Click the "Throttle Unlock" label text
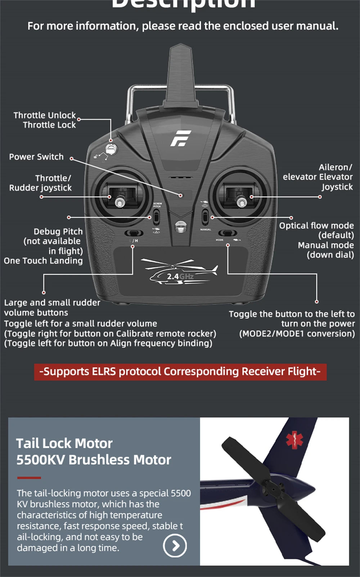tap(45, 115)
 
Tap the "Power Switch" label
tap(36, 157)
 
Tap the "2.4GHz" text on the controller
tap(180, 277)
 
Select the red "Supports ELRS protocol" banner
tap(180, 372)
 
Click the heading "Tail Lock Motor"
tap(64, 443)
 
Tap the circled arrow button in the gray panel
tap(175, 546)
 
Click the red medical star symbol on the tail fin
tap(295, 439)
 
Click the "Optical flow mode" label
tap(316, 226)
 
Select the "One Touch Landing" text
tap(43, 261)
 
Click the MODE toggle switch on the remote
tap(228, 233)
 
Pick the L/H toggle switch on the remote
tap(134, 233)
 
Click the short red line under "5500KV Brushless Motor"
tap(29, 478)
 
